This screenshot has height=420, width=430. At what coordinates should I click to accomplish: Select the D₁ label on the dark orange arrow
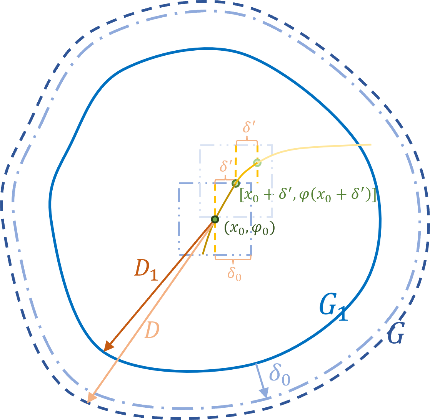point(146,270)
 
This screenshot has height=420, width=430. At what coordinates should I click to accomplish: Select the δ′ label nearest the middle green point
point(226,166)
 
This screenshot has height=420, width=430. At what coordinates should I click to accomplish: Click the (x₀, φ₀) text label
point(250,228)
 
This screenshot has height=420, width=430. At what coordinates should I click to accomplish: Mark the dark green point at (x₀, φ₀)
point(215,220)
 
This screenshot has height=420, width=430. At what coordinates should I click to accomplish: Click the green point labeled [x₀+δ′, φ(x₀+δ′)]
point(236,184)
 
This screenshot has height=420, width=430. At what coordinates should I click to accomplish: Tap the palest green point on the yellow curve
point(257,163)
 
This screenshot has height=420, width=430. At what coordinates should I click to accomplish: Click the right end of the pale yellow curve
point(370,145)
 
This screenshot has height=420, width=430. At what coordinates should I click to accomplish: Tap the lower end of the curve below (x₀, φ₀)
point(203,254)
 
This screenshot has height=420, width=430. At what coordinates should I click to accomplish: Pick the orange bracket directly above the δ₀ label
point(233,260)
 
